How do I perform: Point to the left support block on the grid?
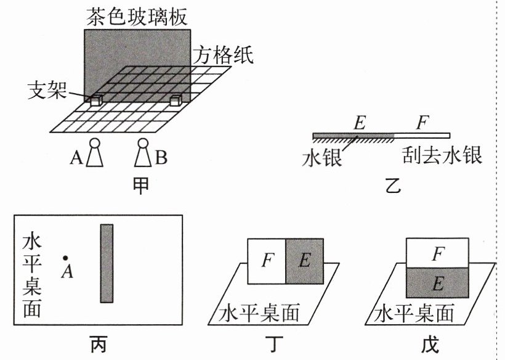pyautogui.click(x=96, y=100)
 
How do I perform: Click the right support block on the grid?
pyautogui.click(x=176, y=100)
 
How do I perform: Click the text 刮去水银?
pyautogui.click(x=442, y=154)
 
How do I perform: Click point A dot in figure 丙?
pyautogui.click(x=65, y=258)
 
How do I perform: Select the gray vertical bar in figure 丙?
pyautogui.click(x=107, y=263)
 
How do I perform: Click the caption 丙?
pyautogui.click(x=98, y=343)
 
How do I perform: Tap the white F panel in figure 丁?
pyautogui.click(x=266, y=262)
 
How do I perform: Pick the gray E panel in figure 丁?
pyautogui.click(x=304, y=262)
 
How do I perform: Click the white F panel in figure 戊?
pyautogui.click(x=437, y=253)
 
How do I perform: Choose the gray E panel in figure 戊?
pyautogui.click(x=437, y=284)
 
